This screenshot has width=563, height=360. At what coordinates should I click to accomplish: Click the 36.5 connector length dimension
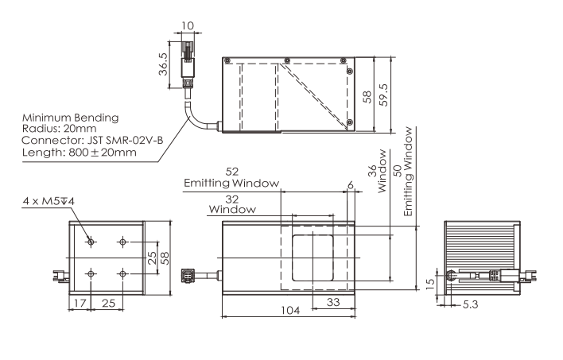tap(163, 64)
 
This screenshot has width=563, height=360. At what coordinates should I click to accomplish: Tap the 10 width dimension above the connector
tap(188, 26)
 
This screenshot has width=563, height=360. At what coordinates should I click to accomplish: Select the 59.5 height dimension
tap(384, 95)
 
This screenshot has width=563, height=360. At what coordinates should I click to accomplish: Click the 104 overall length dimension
tap(290, 310)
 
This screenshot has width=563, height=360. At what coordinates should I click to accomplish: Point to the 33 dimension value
tap(333, 302)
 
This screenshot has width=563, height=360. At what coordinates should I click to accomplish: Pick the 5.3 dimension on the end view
tap(471, 304)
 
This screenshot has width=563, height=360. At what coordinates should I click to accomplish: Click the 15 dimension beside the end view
tap(429, 285)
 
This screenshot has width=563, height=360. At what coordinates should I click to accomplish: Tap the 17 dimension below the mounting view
tap(80, 304)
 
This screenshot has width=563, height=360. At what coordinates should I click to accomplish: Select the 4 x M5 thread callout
tap(49, 201)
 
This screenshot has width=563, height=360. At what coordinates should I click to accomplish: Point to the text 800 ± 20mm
tap(103, 153)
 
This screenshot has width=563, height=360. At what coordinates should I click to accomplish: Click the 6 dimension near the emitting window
tap(351, 185)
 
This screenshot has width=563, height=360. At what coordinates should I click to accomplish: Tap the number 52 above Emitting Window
tap(231, 172)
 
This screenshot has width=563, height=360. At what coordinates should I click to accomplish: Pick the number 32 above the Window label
tap(232, 199)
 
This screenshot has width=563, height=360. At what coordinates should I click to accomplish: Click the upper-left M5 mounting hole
tap(91, 242)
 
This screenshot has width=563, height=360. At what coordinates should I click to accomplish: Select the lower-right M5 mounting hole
tap(122, 274)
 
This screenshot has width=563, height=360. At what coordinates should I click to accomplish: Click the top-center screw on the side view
tap(287, 60)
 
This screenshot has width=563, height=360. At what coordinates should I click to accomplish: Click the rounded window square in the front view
tap(313, 258)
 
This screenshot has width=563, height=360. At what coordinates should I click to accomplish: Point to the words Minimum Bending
tap(70, 118)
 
